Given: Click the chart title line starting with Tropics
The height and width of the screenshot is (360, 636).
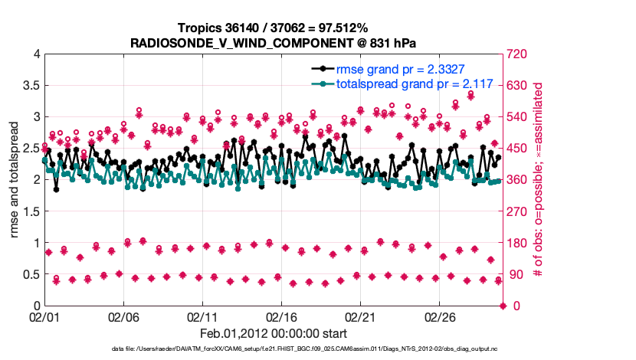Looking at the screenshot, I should (274, 28).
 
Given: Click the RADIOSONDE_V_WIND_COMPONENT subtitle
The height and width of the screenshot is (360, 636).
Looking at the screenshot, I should (274, 43).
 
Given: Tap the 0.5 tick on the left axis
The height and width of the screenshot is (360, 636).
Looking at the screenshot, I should (30, 274).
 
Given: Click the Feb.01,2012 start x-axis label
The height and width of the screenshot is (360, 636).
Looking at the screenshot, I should (274, 333).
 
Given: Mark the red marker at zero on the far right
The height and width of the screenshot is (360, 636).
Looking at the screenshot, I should (503, 306).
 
